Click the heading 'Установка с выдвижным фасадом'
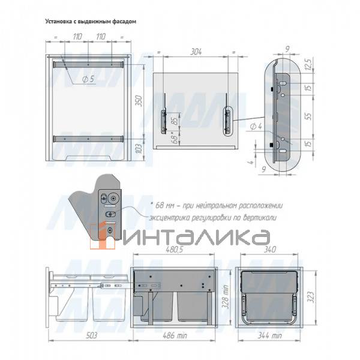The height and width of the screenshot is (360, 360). coord(91,22)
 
